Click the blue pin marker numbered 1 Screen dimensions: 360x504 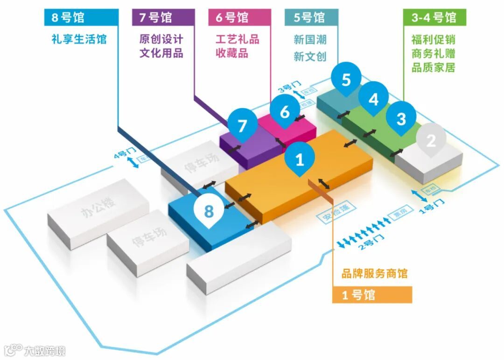300,160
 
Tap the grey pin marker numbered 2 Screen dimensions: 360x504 431,140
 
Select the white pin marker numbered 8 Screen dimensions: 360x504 209,211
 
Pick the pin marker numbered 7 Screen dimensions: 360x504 242,125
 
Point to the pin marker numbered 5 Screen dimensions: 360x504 346,80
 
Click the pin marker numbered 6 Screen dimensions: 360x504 285,112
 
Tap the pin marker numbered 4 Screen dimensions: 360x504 373,99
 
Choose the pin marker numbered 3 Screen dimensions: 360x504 401,119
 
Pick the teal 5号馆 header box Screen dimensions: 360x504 311,18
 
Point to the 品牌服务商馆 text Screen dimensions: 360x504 374,273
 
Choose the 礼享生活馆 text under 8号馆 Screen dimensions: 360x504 79,39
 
